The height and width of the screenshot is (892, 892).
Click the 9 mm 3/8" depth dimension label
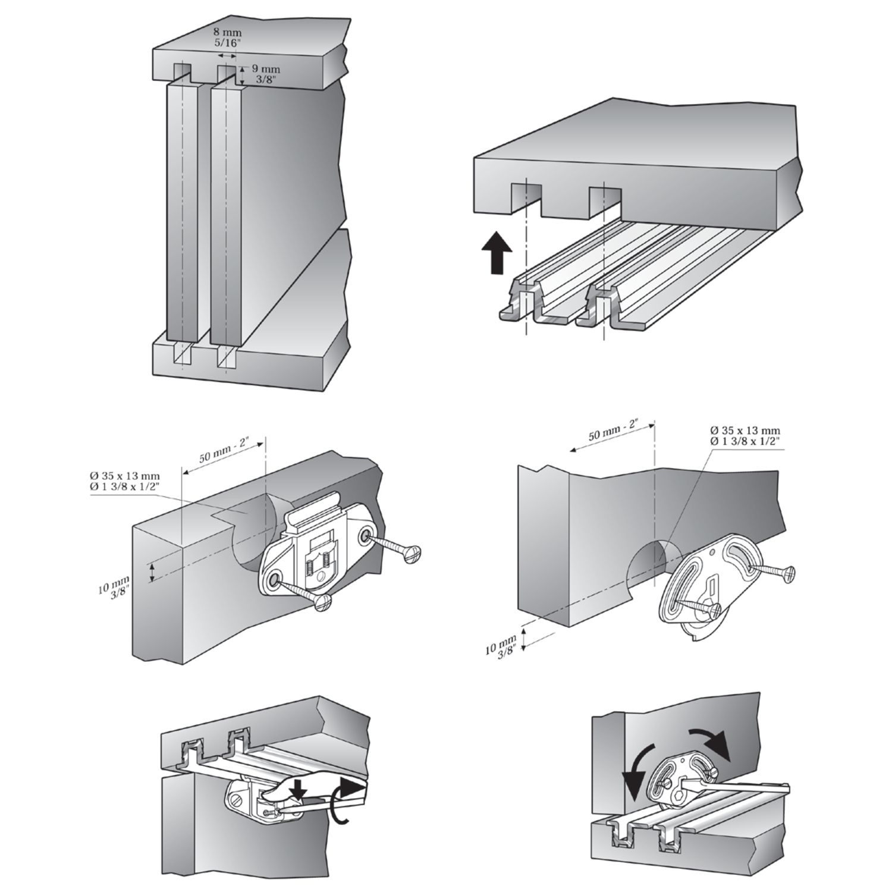(x=262, y=75)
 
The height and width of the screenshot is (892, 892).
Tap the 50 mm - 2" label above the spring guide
(x=222, y=451)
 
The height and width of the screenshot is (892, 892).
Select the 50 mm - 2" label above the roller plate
(x=613, y=429)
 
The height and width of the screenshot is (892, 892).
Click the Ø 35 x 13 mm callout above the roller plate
(x=745, y=435)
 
